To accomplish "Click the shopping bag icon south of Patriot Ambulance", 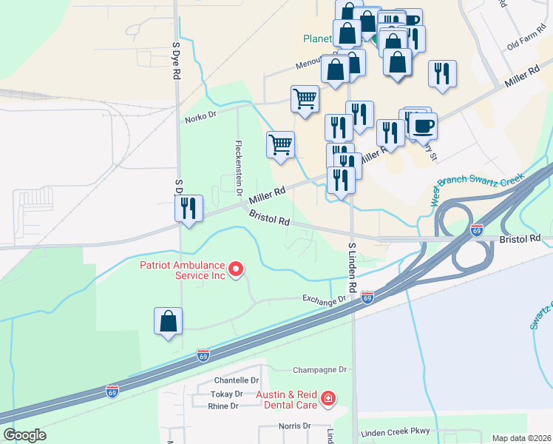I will coord(168,323).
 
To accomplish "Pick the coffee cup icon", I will coord(424,126).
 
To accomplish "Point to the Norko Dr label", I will coord(200,116).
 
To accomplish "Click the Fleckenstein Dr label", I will coord(239,167).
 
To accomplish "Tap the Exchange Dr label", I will coord(324,299).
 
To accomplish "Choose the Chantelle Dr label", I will coord(237,380).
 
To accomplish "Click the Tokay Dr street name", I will coord(226,394).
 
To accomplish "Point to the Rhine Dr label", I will coord(223,406).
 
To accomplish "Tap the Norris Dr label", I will coord(295,425).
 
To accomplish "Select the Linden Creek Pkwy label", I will coord(394,432).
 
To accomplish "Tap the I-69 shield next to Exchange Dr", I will coord(367,298).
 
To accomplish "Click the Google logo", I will coord(24,435).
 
